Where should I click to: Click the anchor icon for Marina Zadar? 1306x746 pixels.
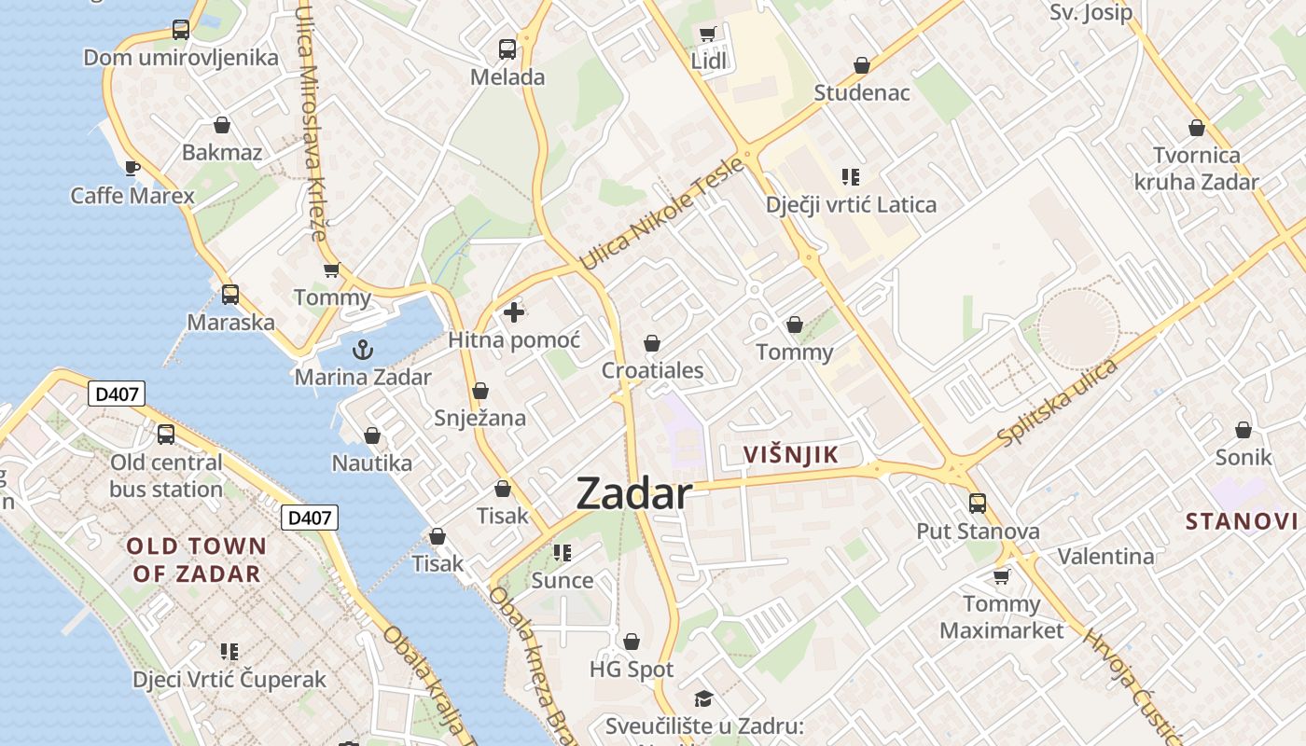(362, 350)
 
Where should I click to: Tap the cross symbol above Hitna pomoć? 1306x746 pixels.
(513, 312)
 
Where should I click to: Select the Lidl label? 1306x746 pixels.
(708, 62)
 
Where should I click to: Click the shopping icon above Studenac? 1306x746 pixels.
(861, 66)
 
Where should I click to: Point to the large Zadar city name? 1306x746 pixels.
(634, 493)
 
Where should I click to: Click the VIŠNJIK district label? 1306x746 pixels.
(790, 455)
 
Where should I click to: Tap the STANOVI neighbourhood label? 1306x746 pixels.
(1241, 521)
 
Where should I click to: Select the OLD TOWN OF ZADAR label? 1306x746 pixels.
(196, 559)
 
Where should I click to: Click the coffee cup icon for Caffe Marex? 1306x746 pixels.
(132, 168)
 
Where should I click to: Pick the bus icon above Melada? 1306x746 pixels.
(507, 49)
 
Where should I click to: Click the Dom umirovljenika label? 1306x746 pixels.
(181, 58)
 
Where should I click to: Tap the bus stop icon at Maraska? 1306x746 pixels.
(229, 295)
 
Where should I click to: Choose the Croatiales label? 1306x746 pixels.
(652, 370)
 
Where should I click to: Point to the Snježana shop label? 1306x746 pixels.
(479, 418)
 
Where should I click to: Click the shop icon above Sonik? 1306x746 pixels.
(1243, 430)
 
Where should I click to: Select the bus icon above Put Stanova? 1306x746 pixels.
(977, 504)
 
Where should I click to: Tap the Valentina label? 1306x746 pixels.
(1105, 557)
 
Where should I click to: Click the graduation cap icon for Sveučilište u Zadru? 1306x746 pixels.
(703, 698)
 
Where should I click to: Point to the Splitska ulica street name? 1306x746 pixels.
(1056, 402)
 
